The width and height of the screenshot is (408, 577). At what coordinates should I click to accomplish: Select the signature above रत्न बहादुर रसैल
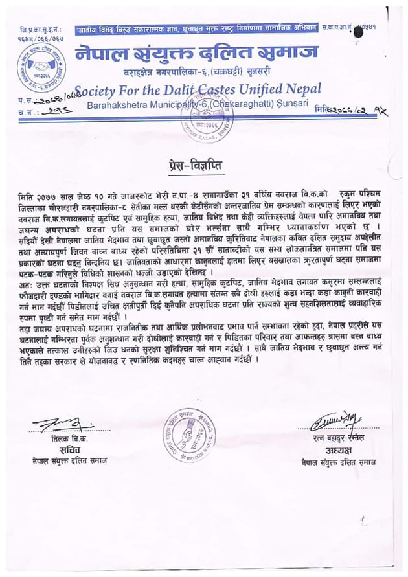click(x=334, y=423)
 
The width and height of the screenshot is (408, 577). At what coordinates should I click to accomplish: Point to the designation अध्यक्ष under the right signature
click(x=334, y=451)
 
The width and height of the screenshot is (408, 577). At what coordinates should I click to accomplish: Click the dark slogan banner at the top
click(x=196, y=29)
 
